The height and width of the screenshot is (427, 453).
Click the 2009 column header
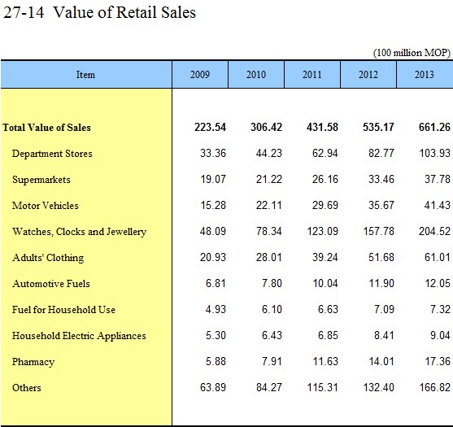(x=200, y=75)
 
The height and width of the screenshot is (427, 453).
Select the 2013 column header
(x=425, y=75)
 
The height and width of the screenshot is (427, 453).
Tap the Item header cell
(x=86, y=75)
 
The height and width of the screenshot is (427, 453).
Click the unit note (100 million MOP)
(x=412, y=53)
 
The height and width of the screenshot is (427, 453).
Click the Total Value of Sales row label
(x=47, y=128)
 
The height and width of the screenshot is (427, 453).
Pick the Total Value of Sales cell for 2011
(x=322, y=127)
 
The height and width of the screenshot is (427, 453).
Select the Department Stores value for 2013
(x=434, y=153)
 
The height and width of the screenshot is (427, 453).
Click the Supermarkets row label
(x=41, y=180)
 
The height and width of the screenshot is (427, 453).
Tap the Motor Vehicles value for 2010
(x=268, y=205)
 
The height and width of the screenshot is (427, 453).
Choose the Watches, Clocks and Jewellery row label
(x=79, y=232)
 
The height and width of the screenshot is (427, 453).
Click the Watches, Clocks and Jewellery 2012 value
(x=378, y=231)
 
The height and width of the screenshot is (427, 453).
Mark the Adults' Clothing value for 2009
(x=213, y=257)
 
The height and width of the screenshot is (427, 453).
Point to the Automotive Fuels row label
(x=51, y=284)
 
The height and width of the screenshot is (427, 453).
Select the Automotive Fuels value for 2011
(x=325, y=283)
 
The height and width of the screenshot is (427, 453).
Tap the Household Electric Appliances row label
(x=79, y=336)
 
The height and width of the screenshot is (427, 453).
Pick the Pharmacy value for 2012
(x=381, y=361)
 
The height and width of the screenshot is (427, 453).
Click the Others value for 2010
(x=269, y=387)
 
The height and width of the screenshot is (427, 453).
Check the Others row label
(x=27, y=388)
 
